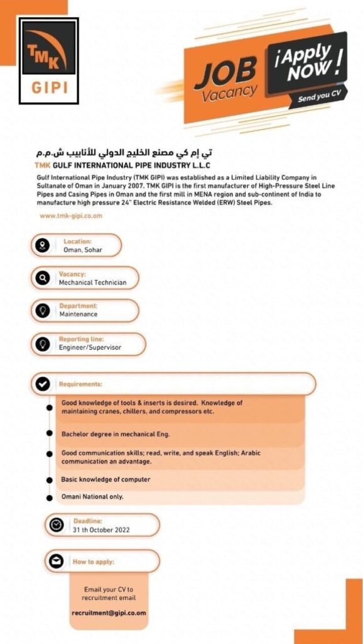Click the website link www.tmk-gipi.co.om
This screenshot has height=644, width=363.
pos(70,216)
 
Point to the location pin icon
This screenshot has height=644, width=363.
pos(43,245)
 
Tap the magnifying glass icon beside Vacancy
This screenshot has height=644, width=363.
pos(43,278)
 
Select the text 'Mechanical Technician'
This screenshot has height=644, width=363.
pos(92,282)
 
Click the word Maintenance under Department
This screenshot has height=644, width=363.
pos(79,314)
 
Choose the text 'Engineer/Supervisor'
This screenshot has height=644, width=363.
pos(90,347)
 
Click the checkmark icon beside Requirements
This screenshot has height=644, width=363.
pos(43,384)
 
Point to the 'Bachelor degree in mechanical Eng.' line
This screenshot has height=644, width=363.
pos(116,434)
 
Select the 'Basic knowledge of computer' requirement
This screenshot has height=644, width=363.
pos(106,479)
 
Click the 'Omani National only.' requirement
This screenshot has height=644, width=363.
pos(92,497)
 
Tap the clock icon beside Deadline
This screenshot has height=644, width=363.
pos(57,525)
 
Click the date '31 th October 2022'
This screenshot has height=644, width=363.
pos(101,530)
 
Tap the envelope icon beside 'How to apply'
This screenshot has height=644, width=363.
pos(57,561)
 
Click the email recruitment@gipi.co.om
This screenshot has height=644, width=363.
pos(109,613)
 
